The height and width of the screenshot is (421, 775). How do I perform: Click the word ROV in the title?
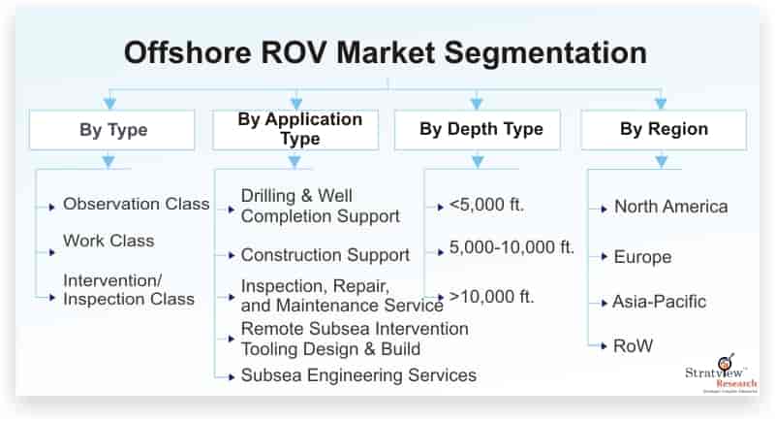tap(294, 52)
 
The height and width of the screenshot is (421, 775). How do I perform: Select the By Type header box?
tap(112, 130)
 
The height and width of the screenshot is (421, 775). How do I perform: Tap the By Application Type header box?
tap(295, 130)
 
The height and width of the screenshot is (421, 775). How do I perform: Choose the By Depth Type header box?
tap(478, 130)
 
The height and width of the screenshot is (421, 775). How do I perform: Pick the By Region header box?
tap(664, 130)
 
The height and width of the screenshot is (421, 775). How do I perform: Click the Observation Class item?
tap(137, 204)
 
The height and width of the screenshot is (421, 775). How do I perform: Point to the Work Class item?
tap(108, 241)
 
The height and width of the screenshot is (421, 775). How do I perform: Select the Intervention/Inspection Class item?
tap(129, 290)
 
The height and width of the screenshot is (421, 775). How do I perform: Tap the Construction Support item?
tap(325, 255)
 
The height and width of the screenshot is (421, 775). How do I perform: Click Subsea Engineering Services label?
tap(358, 375)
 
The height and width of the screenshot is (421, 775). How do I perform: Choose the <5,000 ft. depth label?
tap(486, 205)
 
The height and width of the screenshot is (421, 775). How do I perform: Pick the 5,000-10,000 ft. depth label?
tap(511, 247)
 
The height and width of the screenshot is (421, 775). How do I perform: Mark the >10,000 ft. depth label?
tap(492, 297)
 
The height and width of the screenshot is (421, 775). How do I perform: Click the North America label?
tap(670, 207)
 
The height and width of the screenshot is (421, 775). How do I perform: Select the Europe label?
tap(642, 257)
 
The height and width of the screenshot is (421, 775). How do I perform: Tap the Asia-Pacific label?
tap(660, 302)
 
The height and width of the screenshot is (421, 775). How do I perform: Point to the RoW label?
tap(633, 345)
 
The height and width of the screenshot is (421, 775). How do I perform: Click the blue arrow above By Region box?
tap(661, 103)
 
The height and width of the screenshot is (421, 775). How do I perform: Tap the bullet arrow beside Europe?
tap(604, 257)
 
